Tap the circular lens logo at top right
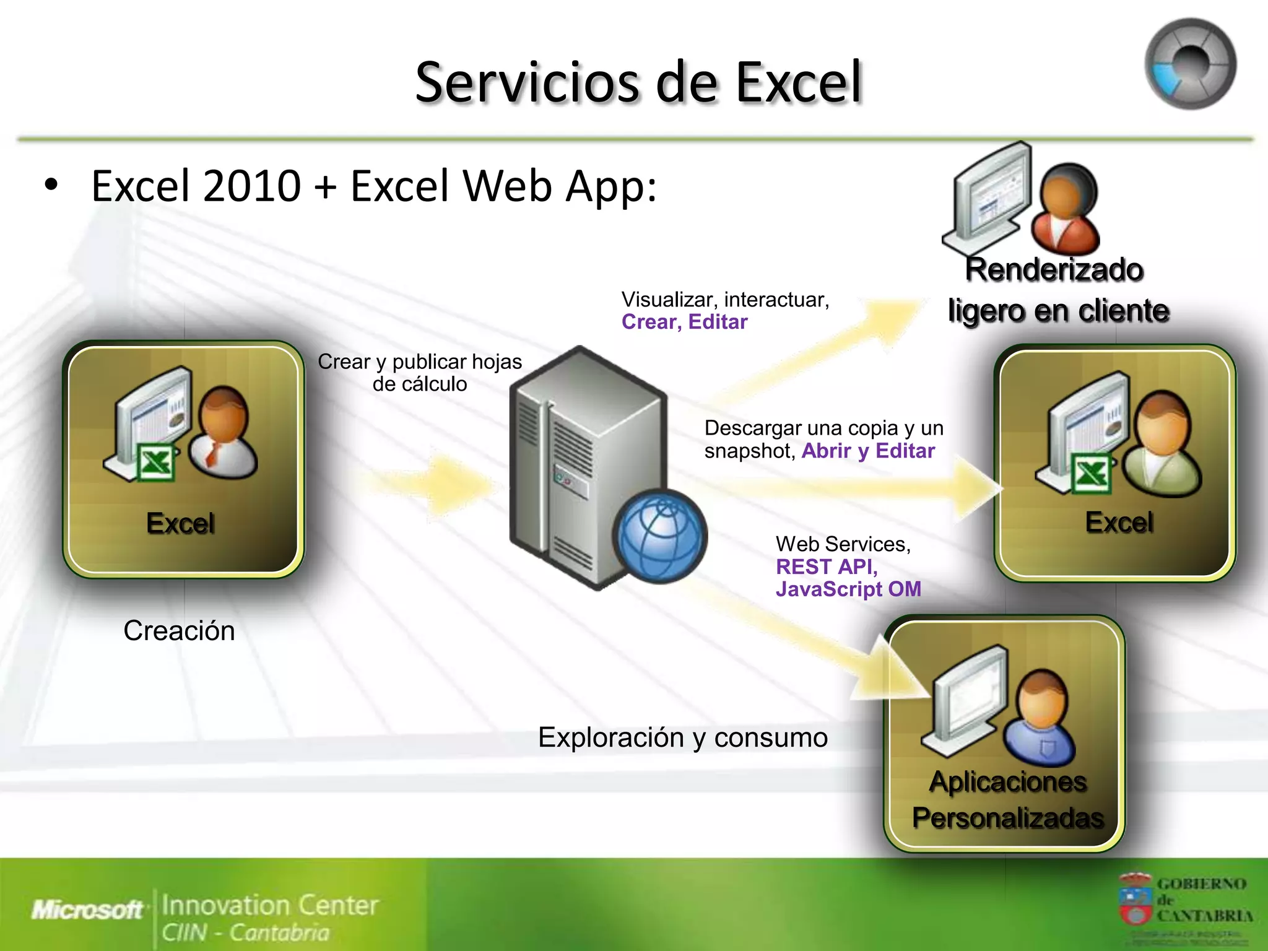click(1190, 64)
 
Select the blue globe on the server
click(660, 536)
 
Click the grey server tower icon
click(582, 458)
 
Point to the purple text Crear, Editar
click(684, 322)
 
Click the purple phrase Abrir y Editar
click(867, 451)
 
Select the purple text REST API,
click(827, 567)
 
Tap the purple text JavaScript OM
click(848, 589)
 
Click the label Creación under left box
click(179, 631)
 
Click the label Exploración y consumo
click(682, 737)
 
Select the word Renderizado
click(1054, 270)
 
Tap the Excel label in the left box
click(180, 523)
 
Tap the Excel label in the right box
click(1119, 522)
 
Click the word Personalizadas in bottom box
click(1008, 818)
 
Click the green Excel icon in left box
click(155, 462)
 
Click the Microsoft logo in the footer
click(87, 910)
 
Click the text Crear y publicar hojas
click(419, 362)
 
